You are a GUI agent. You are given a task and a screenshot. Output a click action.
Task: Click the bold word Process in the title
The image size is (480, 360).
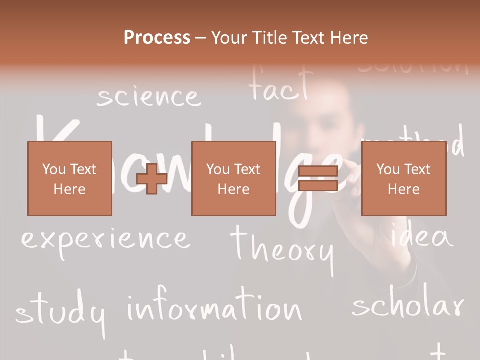coord(157,38)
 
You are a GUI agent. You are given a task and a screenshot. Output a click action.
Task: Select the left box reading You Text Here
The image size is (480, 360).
coord(69,178)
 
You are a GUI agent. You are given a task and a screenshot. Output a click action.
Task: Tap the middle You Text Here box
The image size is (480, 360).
coord(233,178)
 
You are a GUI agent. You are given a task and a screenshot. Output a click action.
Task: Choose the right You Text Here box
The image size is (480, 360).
coord(403,178)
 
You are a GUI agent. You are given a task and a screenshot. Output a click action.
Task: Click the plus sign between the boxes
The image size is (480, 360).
coord(152,179)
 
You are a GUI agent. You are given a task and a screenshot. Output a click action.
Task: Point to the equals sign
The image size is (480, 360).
coord(318,179)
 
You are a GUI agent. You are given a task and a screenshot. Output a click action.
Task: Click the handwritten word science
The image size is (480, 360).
coord(148,97)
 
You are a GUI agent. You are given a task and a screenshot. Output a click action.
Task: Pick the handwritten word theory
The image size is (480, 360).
coord(282,247)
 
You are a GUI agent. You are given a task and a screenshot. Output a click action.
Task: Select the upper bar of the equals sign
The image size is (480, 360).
coord(318,171)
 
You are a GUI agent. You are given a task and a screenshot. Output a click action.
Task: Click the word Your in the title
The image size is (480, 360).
coord(228,38)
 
